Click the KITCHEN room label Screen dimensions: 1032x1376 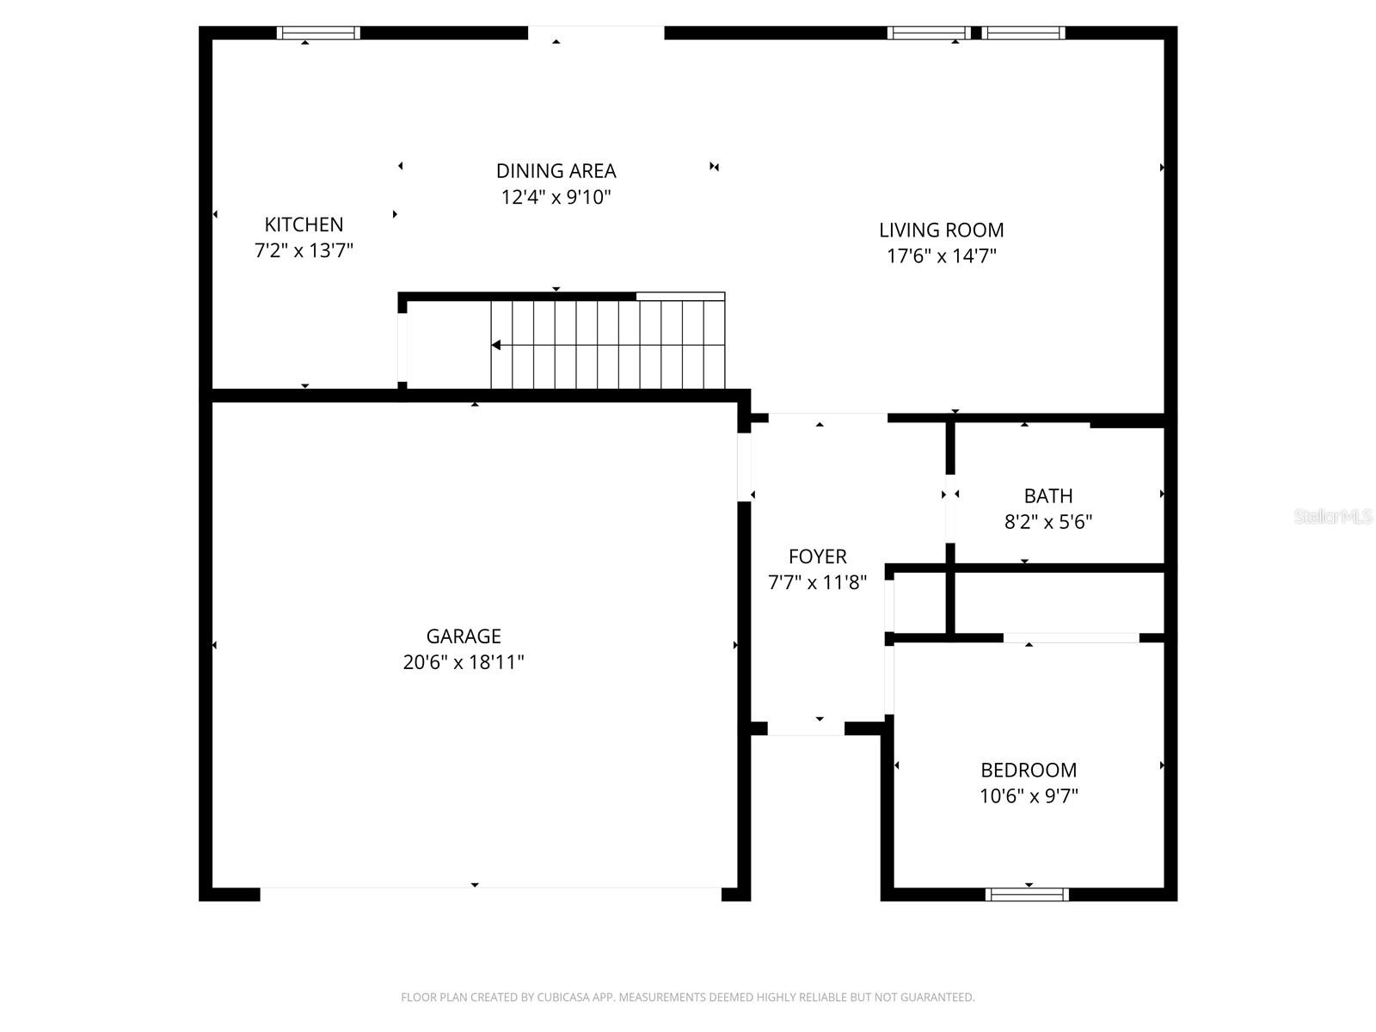click(304, 224)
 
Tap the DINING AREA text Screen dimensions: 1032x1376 click(556, 171)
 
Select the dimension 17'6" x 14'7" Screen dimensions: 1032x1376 click(942, 256)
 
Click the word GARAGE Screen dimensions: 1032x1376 click(464, 636)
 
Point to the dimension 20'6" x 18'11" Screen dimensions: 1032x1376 click(464, 662)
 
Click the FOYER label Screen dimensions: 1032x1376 click(817, 556)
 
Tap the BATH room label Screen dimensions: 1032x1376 click(1047, 496)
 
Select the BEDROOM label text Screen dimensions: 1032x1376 click(1029, 770)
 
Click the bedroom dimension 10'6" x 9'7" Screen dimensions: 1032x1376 click(1029, 796)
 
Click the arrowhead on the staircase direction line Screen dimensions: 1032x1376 click(496, 345)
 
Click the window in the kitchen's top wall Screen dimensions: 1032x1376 click(318, 33)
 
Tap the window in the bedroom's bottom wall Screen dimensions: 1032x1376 click(1027, 894)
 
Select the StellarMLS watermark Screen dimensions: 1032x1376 click(1331, 517)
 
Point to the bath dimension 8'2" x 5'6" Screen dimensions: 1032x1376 click(1047, 522)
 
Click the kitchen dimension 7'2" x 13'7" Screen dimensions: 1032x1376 click(304, 251)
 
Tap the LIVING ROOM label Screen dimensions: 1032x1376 click(941, 230)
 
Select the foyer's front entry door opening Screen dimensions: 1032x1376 click(806, 728)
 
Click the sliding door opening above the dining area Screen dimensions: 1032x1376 click(595, 33)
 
